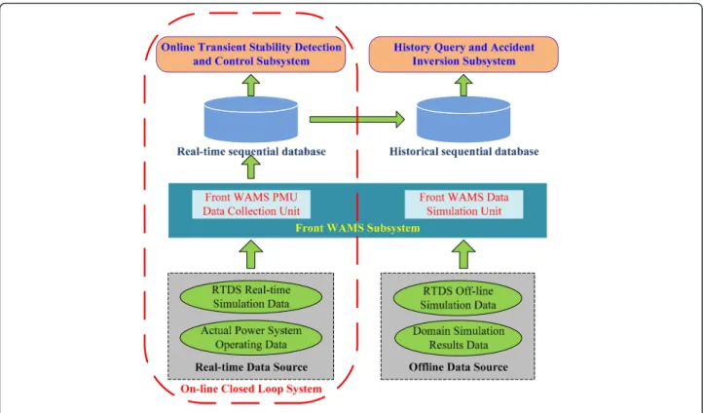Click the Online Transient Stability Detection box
tap(250, 55)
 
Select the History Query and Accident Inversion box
tap(463, 55)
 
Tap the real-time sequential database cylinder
tap(251, 119)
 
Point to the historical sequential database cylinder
tap(463, 119)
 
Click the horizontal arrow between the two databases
tap(357, 119)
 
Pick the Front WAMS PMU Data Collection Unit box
tap(251, 205)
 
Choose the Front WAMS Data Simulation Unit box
tap(463, 205)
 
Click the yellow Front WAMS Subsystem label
tap(357, 228)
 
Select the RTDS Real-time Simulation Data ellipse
tap(251, 297)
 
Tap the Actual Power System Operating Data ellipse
tap(251, 338)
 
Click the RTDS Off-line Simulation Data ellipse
tap(458, 298)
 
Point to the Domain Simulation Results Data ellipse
tap(458, 338)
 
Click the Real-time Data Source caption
tap(251, 367)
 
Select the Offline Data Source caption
tap(459, 367)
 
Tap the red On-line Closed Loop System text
tap(251, 389)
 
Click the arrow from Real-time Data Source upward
tap(251, 254)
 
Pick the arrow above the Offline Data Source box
tap(463, 254)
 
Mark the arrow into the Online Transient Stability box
tap(251, 85)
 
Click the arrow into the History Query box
tap(463, 85)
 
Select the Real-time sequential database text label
tap(251, 152)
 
